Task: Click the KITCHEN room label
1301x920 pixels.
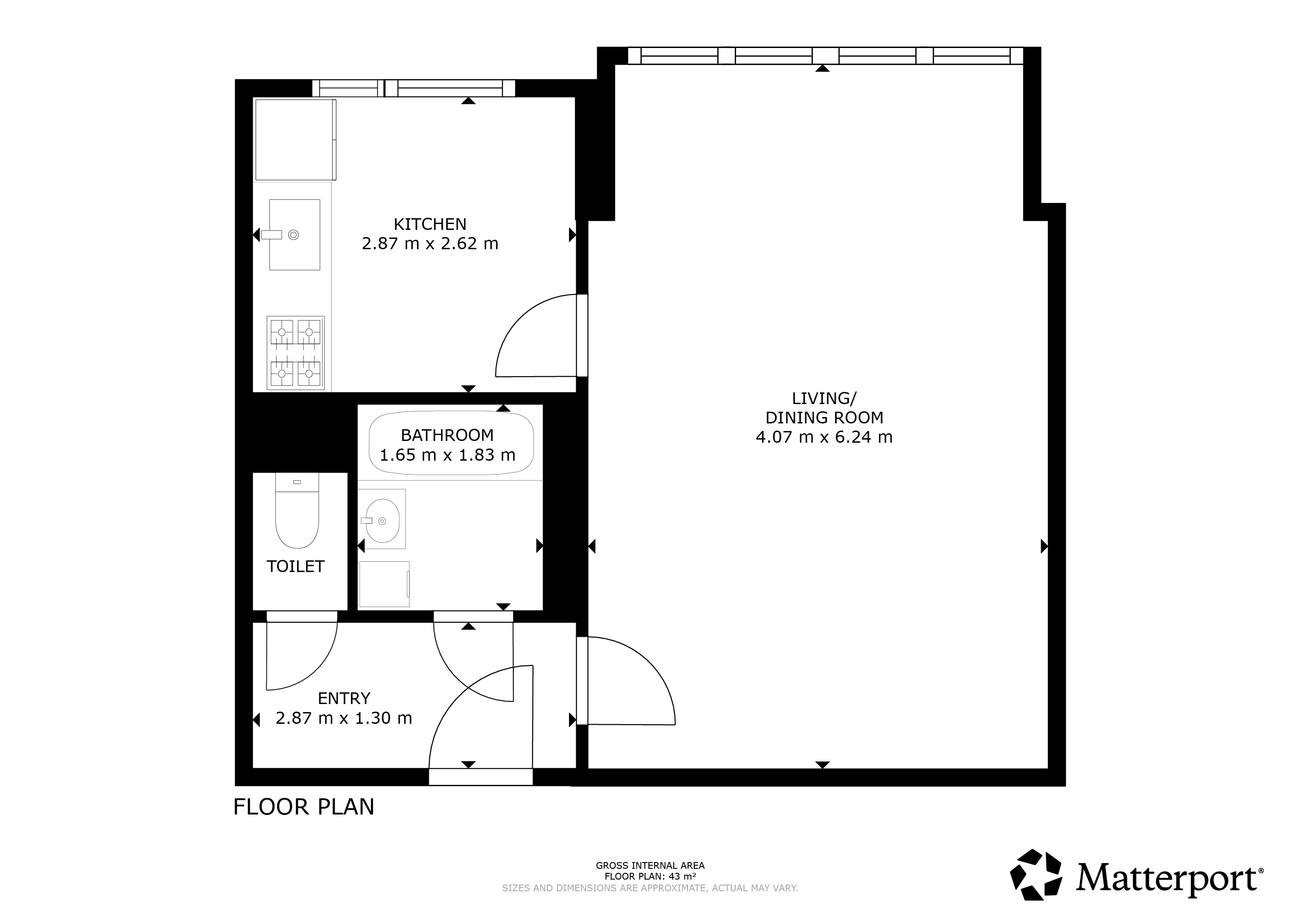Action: point(430,224)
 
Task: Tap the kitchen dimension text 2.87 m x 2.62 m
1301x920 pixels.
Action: point(430,244)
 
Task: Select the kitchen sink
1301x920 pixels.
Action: point(294,234)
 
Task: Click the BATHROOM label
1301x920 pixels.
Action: point(447,435)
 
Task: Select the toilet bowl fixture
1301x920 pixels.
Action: point(297,511)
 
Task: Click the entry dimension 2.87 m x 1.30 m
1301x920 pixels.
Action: point(344,718)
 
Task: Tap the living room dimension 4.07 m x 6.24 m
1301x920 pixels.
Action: point(825,437)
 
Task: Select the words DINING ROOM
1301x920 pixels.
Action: point(825,418)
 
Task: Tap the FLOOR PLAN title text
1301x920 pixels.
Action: point(304,807)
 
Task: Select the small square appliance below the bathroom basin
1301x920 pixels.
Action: point(384,584)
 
